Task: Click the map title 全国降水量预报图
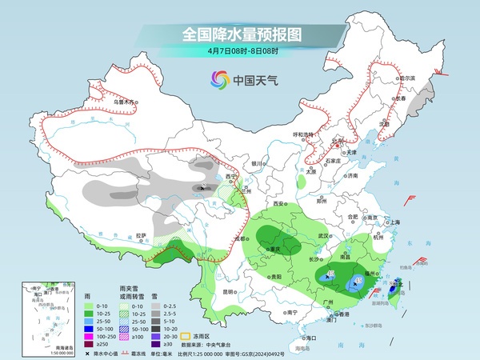coord(239,34)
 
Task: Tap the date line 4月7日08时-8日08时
coord(239,52)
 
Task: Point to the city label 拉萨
coord(141,235)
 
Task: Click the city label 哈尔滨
coord(408,78)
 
